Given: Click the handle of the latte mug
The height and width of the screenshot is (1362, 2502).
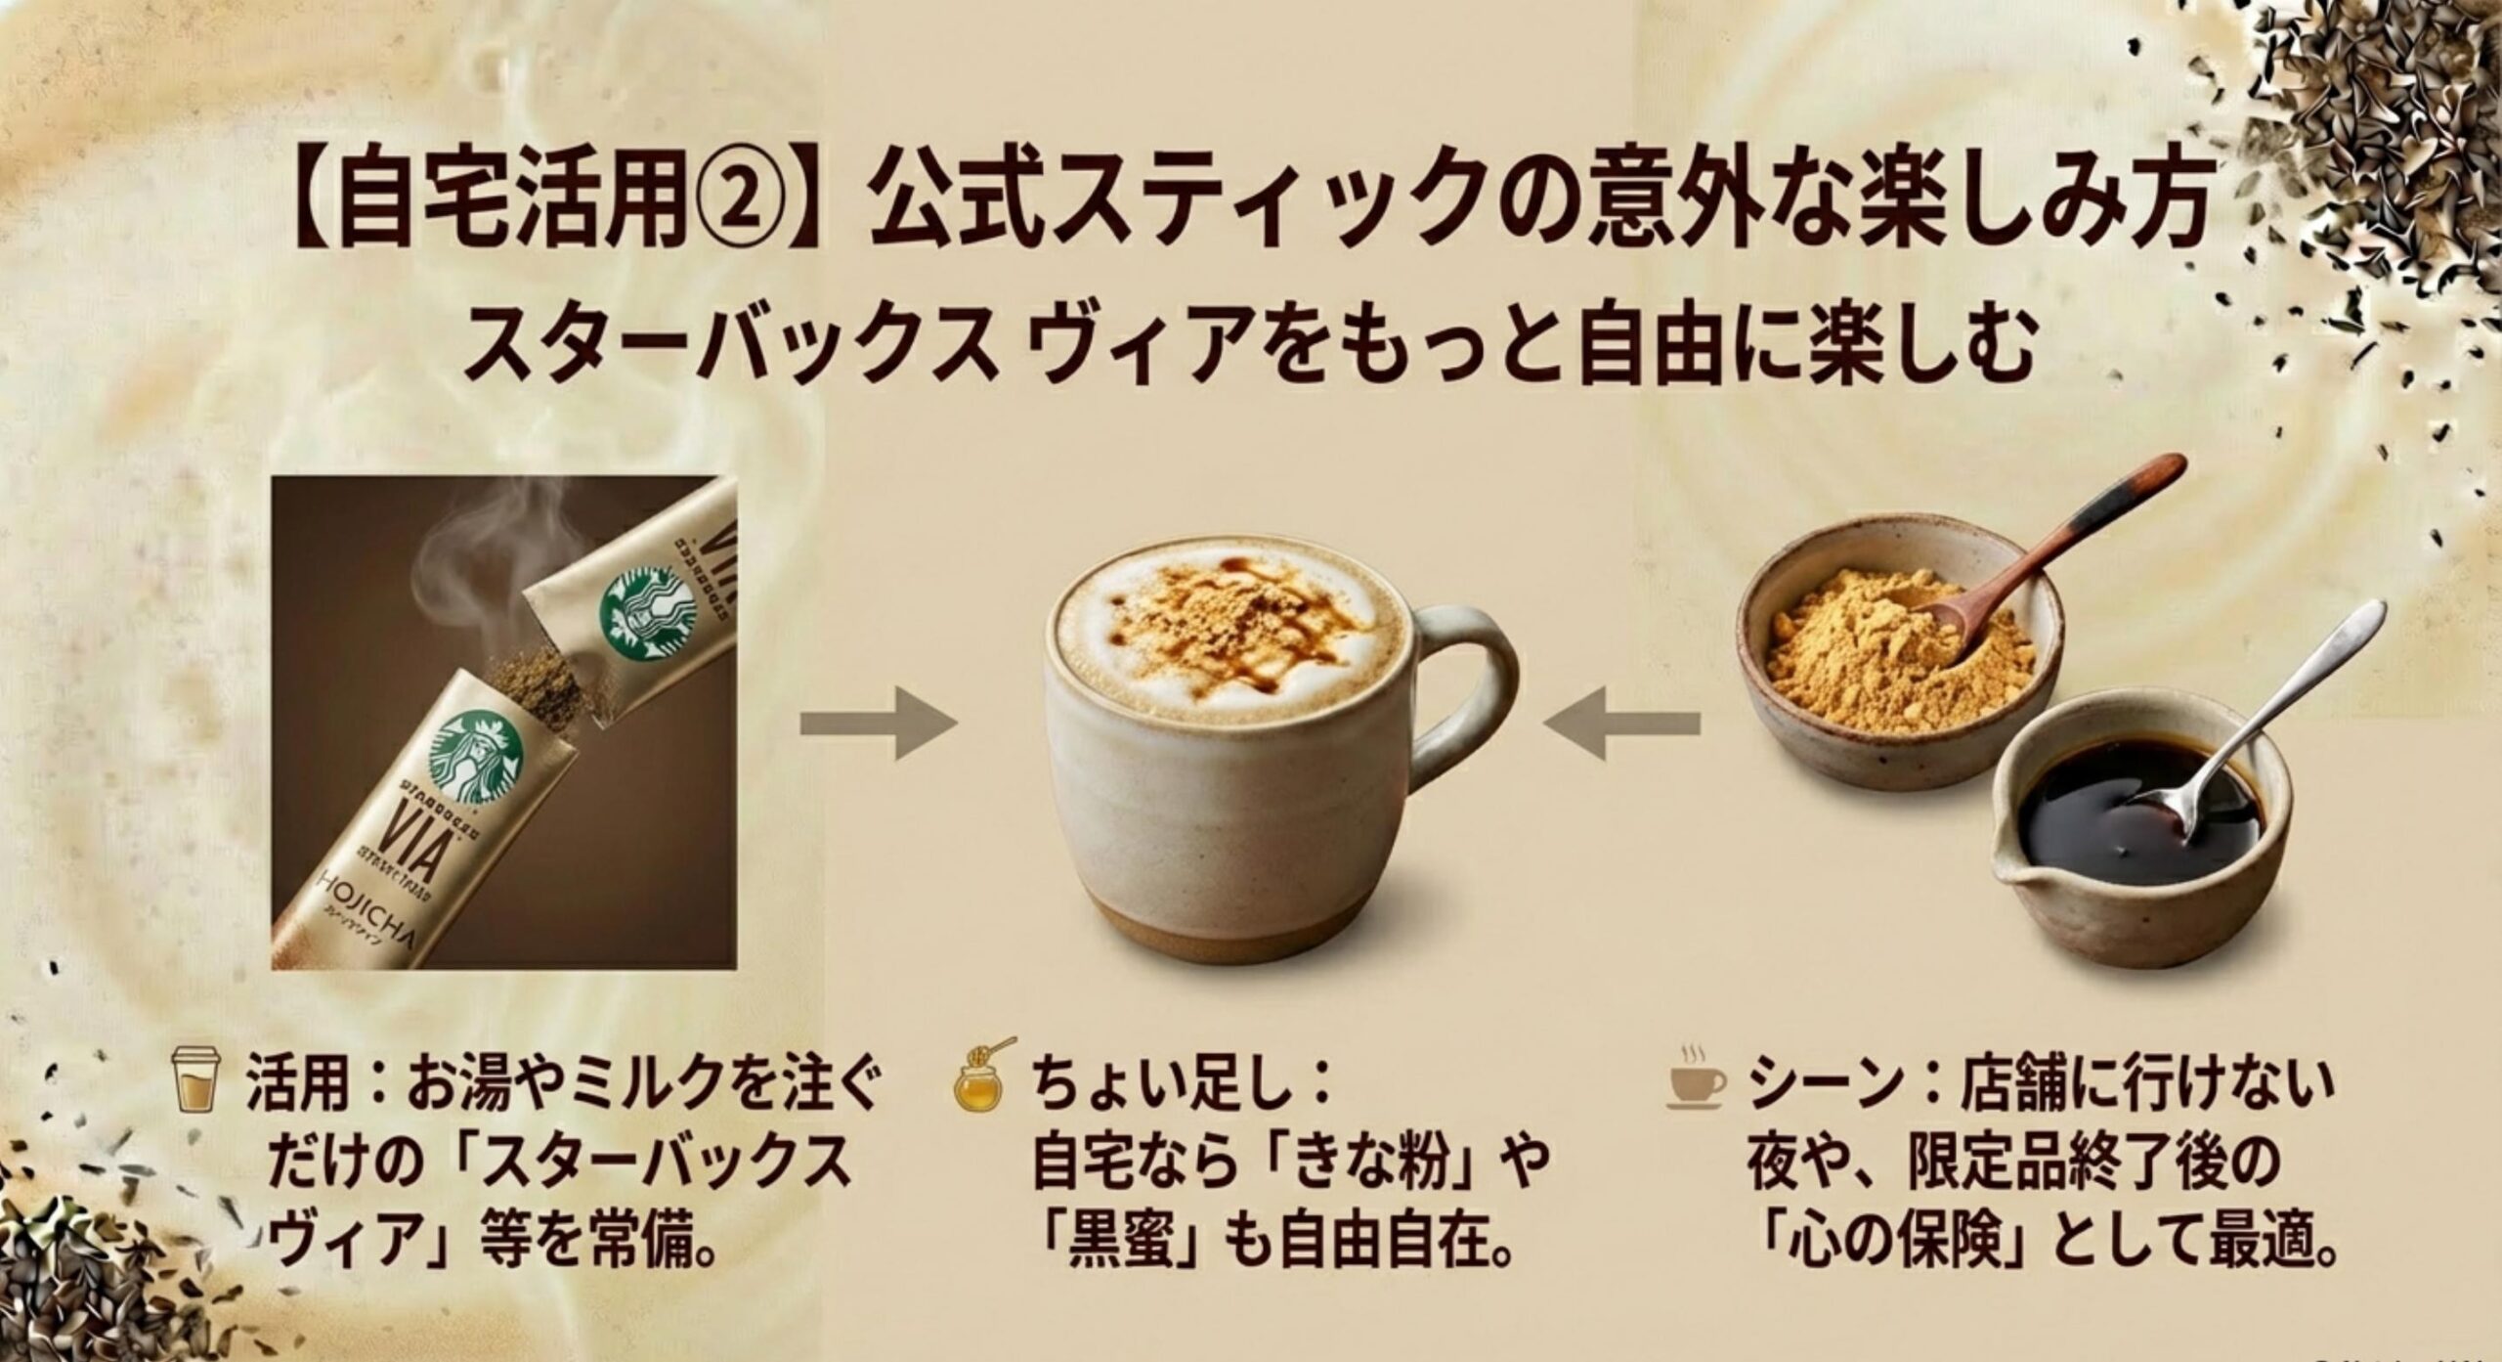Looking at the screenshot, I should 1466,684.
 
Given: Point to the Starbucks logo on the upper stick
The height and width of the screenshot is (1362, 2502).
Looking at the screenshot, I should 649,614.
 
